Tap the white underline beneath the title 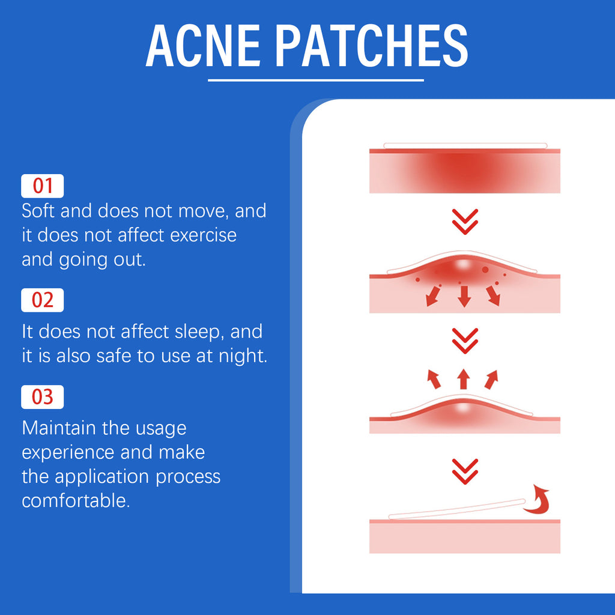click(315, 79)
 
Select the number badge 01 click(42, 186)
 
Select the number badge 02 click(42, 300)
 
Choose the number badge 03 click(42, 397)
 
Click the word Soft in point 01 click(40, 211)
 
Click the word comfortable click(76, 500)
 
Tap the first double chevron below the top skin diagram click(464, 222)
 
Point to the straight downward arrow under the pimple click(463, 296)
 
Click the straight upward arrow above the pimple click(463, 379)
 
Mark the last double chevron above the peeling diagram click(464, 471)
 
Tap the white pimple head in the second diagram click(463, 264)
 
